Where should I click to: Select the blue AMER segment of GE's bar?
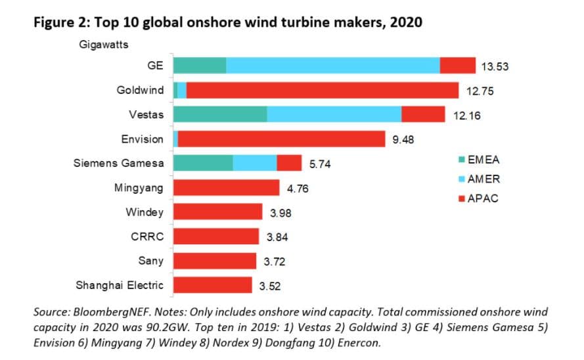tap(332, 66)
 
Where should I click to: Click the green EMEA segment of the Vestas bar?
tap(220, 114)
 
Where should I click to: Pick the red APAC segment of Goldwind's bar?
tap(322, 90)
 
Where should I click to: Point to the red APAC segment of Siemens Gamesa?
tap(289, 163)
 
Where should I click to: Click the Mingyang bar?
tap(226, 187)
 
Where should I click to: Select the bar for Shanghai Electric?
tap(212, 284)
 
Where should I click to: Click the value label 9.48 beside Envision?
tap(406, 139)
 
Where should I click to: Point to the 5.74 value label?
tap(320, 164)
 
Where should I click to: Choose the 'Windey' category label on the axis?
tap(145, 212)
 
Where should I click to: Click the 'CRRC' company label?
tap(147, 236)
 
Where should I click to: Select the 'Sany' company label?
tap(150, 261)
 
